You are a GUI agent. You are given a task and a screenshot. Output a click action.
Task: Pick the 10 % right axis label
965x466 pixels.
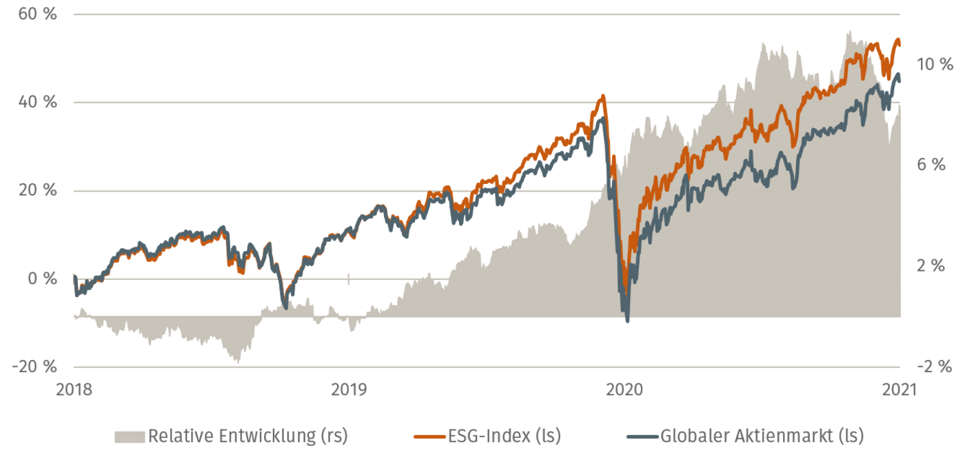[x=934, y=65]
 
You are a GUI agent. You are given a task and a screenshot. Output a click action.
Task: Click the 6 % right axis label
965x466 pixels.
[x=931, y=165]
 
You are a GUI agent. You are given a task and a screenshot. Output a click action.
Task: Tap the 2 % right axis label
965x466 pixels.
[x=931, y=265]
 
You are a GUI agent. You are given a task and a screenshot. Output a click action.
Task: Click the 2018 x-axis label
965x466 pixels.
[x=74, y=389]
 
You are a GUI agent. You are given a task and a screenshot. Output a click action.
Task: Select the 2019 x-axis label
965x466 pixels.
[x=349, y=389]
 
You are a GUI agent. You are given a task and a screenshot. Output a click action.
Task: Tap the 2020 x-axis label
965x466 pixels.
[x=624, y=389]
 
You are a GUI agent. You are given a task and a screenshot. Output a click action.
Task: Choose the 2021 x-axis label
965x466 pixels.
[x=899, y=389]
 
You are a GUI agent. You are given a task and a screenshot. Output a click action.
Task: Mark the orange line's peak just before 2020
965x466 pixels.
[x=603, y=96]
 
